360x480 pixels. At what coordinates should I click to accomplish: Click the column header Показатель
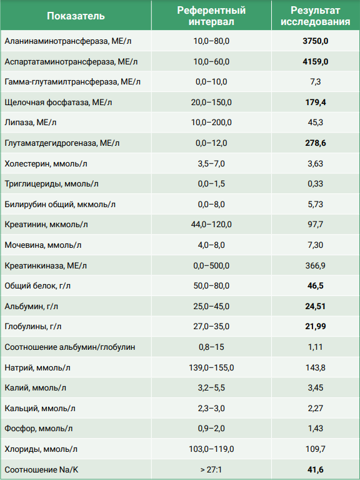[76, 16]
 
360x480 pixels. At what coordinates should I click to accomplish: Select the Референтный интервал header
[211, 16]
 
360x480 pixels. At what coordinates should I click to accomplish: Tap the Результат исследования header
[316, 16]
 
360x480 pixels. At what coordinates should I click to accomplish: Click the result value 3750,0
[316, 41]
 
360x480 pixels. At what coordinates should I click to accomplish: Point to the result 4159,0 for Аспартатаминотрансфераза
[316, 61]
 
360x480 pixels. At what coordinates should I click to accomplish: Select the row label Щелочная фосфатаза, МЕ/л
[58, 102]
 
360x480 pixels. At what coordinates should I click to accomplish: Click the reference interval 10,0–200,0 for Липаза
[211, 123]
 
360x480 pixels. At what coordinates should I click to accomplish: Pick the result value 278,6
[316, 143]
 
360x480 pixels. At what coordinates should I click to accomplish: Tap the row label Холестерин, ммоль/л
[46, 163]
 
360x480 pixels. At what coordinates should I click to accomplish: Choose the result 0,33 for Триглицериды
[316, 183]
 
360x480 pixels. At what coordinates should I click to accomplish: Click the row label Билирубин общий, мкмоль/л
[60, 204]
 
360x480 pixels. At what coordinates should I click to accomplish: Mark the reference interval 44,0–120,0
[211, 225]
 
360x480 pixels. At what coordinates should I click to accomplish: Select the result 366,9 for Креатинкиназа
[316, 265]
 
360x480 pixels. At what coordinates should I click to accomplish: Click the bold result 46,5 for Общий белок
[316, 285]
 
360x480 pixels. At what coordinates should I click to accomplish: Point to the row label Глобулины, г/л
[33, 327]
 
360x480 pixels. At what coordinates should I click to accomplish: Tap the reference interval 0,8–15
[211, 347]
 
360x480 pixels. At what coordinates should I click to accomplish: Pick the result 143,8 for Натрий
[316, 367]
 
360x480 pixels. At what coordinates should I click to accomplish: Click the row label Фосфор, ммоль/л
[39, 429]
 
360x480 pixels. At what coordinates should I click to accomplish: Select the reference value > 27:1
[211, 469]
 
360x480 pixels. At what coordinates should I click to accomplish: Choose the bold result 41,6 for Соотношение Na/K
[316, 469]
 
